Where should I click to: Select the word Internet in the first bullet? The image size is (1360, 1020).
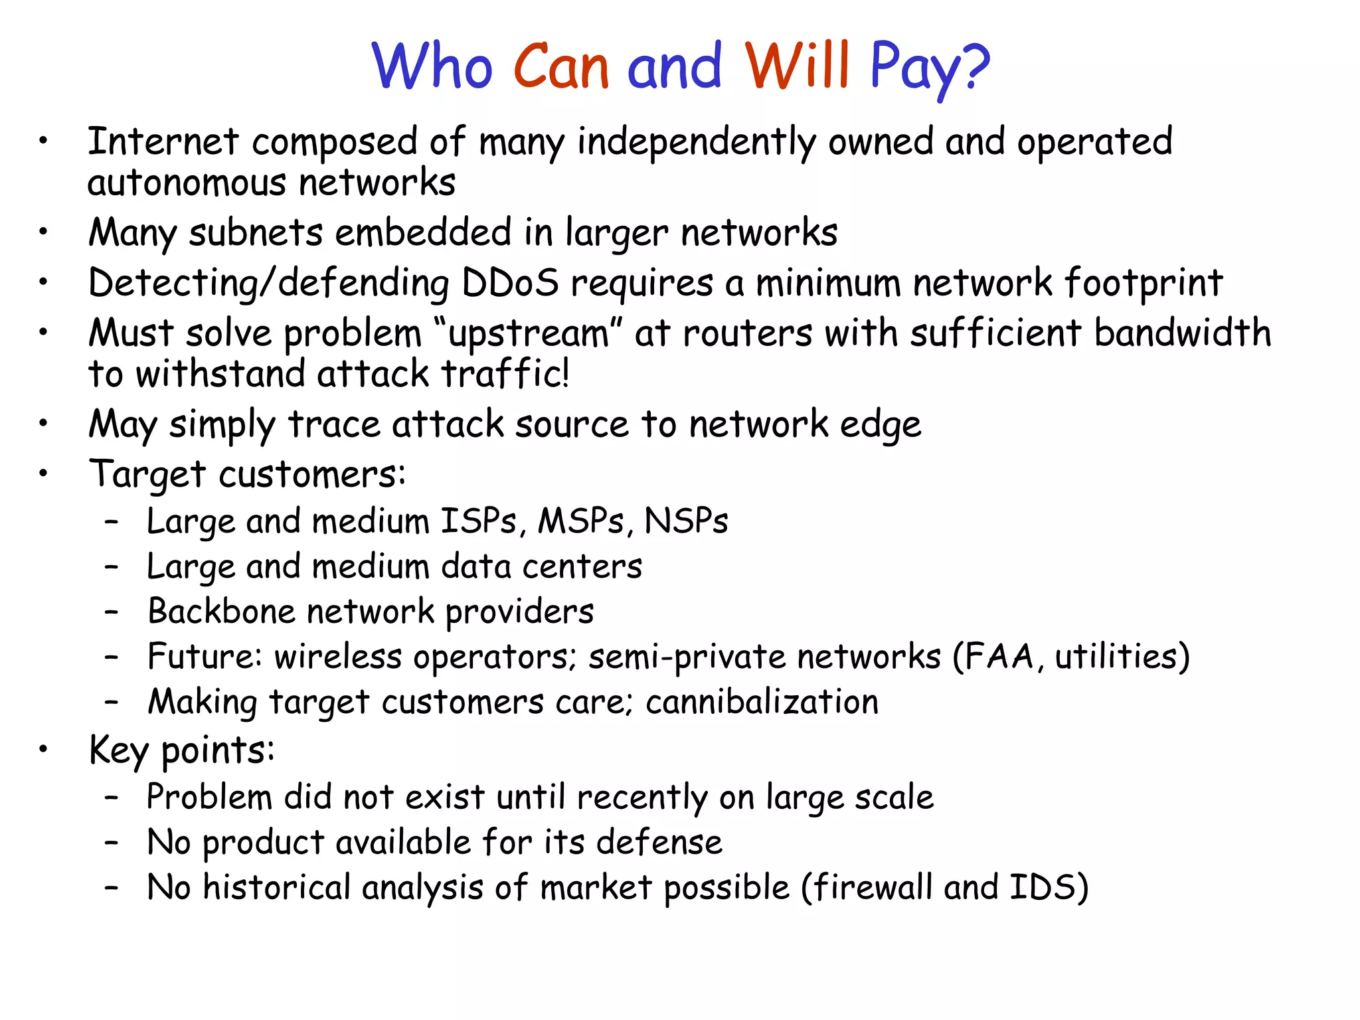click(x=163, y=141)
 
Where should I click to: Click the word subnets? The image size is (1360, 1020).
click(x=256, y=233)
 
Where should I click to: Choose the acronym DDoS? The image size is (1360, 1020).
click(x=509, y=283)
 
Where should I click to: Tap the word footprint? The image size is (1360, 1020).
click(x=1144, y=283)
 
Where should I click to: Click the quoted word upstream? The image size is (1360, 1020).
click(x=528, y=333)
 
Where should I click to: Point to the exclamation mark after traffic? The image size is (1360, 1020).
click(x=564, y=373)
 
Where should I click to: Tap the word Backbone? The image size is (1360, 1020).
click(x=222, y=611)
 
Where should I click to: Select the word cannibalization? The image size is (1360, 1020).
click(x=762, y=702)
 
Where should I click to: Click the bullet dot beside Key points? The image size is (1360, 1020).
click(x=43, y=750)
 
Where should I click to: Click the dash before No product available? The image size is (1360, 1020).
click(x=112, y=843)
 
